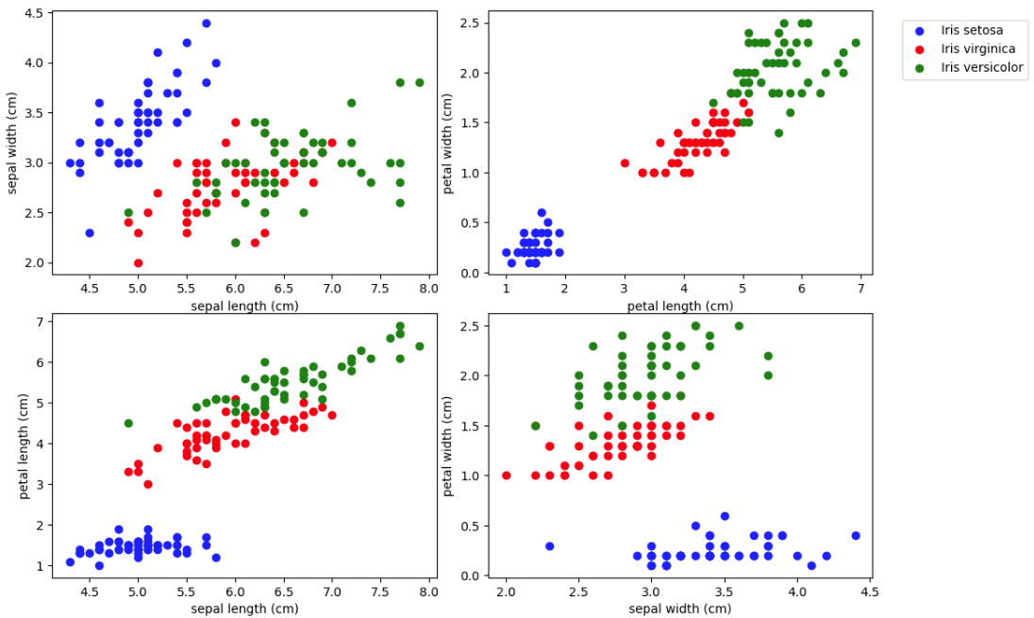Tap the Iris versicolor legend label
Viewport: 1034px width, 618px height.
click(982, 67)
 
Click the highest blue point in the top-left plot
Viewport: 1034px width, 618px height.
click(206, 24)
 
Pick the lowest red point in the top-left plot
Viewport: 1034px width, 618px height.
click(138, 263)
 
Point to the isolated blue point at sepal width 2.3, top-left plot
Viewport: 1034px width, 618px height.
click(89, 233)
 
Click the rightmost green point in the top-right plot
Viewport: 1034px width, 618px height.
click(856, 42)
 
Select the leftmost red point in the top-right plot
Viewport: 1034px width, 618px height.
click(625, 163)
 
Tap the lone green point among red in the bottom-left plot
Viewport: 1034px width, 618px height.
click(128, 423)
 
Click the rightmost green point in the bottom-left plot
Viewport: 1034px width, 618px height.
click(419, 346)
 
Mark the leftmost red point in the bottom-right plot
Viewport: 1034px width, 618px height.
click(506, 476)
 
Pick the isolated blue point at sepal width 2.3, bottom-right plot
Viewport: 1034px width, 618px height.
click(549, 546)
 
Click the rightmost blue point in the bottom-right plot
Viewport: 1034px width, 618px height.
click(856, 536)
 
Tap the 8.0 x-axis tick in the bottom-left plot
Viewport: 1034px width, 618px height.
click(428, 593)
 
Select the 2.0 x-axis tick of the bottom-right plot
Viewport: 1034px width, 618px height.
click(506, 593)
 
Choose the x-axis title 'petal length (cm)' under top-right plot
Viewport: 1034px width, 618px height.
click(679, 306)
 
